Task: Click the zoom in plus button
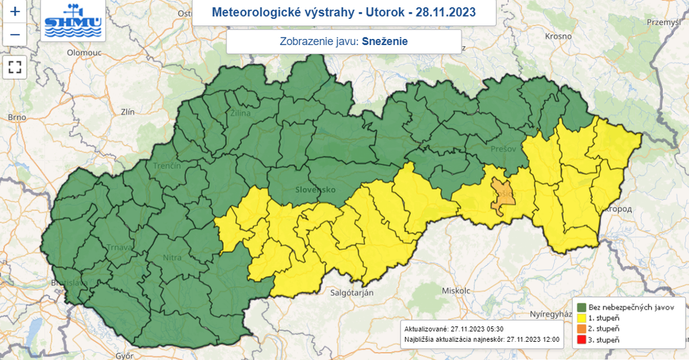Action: tap(15, 11)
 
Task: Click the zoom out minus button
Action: tap(15, 34)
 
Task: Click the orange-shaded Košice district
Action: tap(501, 196)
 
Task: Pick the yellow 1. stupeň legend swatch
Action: tap(579, 318)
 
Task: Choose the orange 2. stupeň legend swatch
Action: tap(579, 328)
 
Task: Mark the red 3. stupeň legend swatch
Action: tap(579, 340)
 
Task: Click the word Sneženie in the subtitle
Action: tap(384, 41)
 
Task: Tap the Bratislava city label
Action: tap(71, 283)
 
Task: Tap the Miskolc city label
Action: tap(456, 290)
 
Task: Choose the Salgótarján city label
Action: tap(351, 293)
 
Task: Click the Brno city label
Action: tap(17, 117)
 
